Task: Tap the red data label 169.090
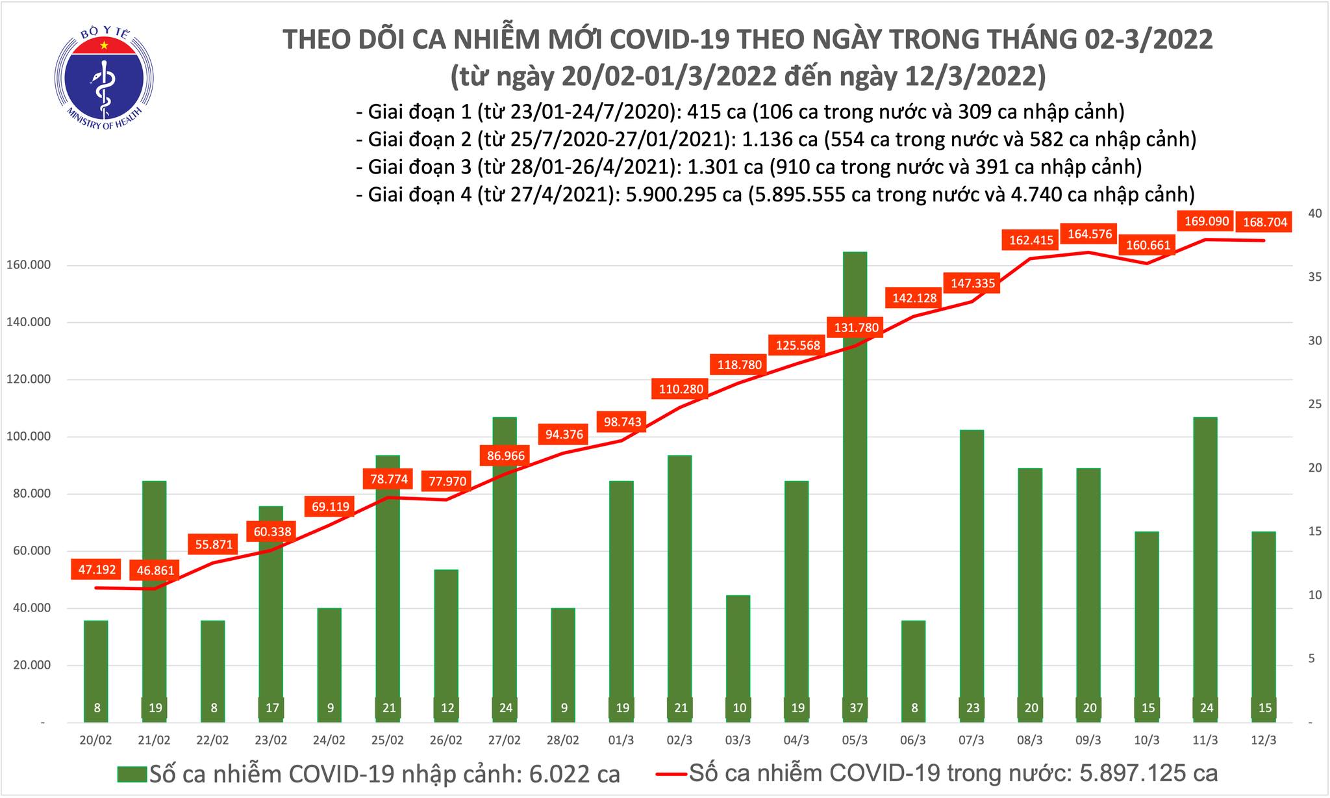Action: tap(1206, 222)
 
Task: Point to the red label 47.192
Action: tap(97, 570)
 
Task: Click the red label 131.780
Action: tap(855, 328)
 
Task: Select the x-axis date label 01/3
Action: tap(621, 740)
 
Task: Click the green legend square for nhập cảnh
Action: tap(132, 774)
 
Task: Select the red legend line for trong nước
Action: tap(670, 774)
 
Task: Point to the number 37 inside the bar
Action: tap(856, 708)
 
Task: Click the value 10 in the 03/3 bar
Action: tap(739, 708)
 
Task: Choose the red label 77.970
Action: tap(447, 482)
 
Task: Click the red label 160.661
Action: tap(1148, 246)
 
